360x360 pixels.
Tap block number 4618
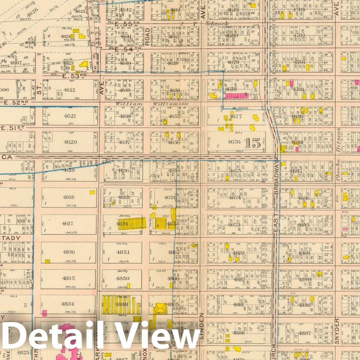68,197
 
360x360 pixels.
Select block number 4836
68,252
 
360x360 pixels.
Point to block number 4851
123,252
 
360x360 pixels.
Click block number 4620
70,142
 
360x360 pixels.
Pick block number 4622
69,90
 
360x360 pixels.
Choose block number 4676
234,142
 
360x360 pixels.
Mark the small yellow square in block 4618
92,192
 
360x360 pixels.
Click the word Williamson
171,104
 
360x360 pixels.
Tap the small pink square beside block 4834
45,313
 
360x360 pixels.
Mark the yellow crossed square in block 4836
47,261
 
